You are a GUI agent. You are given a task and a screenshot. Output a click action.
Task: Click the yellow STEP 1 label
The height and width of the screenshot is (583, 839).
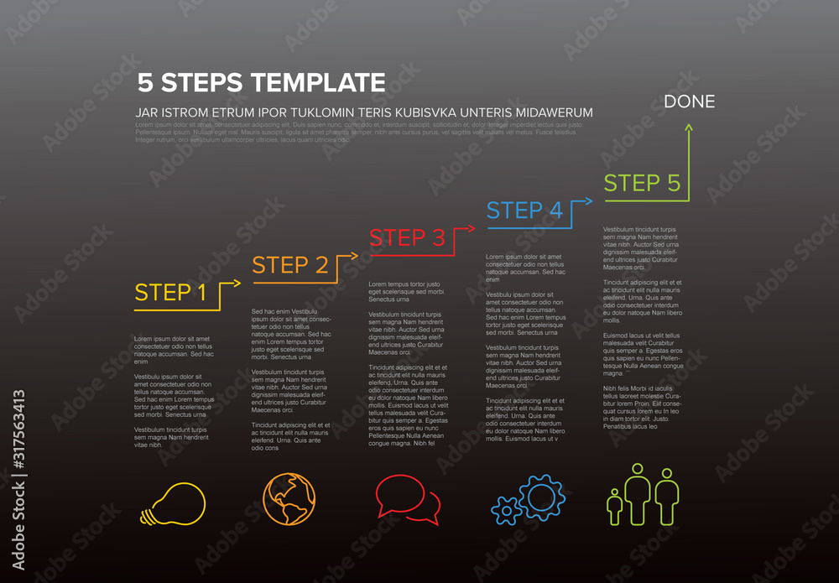click(x=170, y=293)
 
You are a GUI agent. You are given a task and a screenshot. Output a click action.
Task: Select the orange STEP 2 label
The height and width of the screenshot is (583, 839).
click(x=290, y=265)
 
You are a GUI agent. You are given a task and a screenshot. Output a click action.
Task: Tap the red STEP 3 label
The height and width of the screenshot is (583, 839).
click(x=407, y=238)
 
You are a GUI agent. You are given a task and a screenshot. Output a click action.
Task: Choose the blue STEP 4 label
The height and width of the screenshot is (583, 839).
click(x=524, y=211)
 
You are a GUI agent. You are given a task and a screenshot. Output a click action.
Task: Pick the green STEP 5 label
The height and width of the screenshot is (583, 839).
click(x=642, y=183)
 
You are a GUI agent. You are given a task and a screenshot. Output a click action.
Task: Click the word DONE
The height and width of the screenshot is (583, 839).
click(x=690, y=102)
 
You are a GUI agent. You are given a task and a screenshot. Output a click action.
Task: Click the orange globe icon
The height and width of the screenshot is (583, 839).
click(x=289, y=499)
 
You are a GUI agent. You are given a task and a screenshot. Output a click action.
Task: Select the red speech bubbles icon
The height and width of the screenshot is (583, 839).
click(x=408, y=499)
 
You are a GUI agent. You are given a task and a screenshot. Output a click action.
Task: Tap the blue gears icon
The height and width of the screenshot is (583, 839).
click(x=527, y=501)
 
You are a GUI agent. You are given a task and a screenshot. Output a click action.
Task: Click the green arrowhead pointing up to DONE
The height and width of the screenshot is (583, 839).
click(x=690, y=127)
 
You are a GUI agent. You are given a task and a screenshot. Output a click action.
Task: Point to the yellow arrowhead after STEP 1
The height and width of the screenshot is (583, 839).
click(x=237, y=284)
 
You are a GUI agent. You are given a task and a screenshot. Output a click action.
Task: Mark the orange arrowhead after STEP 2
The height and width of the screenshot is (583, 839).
click(x=355, y=256)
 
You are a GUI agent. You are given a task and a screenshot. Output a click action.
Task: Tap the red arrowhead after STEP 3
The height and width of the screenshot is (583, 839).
click(x=472, y=228)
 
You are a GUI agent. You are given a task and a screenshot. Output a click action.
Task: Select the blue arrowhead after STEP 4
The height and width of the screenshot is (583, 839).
click(x=589, y=200)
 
